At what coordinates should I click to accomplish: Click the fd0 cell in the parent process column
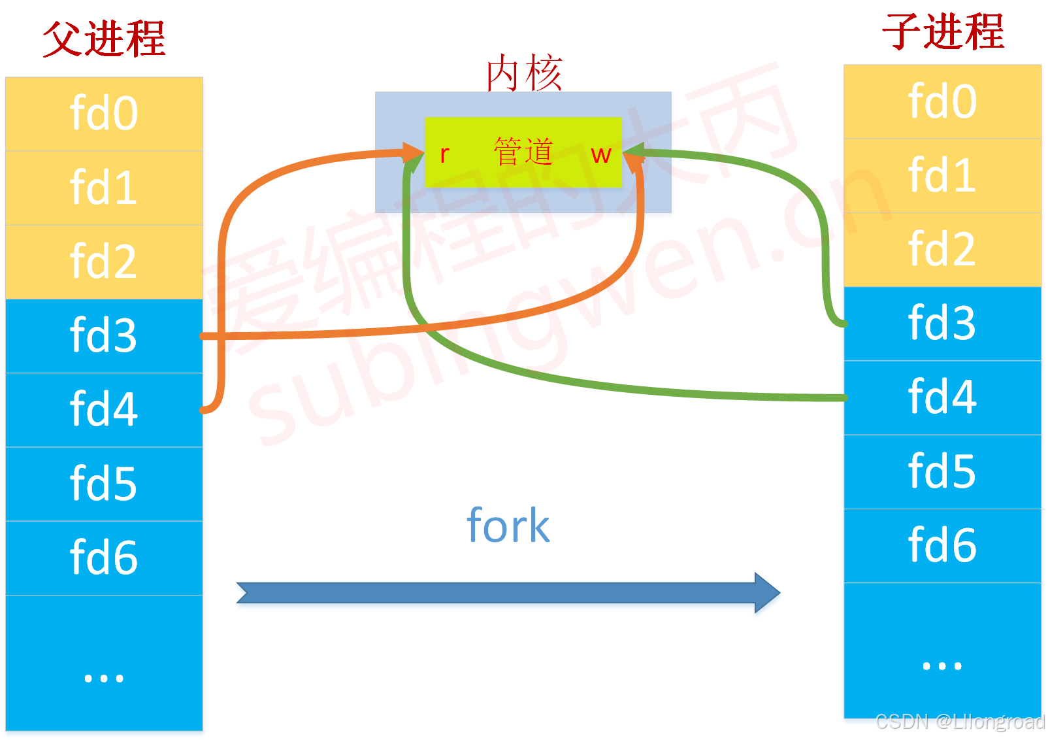104,114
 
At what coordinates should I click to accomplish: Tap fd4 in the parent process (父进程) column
104,410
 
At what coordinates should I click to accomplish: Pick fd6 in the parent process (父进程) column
104,558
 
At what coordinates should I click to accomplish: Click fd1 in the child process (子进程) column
942,175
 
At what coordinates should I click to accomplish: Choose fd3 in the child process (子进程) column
942,323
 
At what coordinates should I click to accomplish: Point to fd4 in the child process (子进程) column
942,397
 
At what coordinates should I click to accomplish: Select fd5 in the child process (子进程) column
942,471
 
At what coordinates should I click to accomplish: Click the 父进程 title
104,39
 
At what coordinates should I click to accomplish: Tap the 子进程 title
942,31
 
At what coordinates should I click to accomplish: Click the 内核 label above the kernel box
523,73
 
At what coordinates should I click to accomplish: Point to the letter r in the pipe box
444,154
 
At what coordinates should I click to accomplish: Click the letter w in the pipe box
600,155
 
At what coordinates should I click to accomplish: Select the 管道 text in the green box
523,152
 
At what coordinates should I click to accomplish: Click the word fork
508,526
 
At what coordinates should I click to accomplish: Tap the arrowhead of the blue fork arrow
767,593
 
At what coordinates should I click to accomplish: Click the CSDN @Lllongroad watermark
960,722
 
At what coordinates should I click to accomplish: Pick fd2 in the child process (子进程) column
942,249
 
